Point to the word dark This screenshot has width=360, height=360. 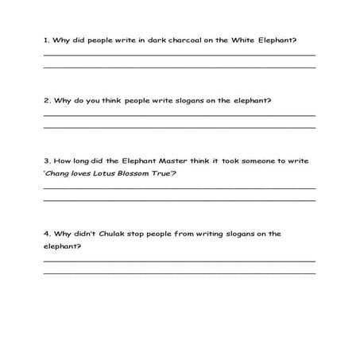coord(139,41)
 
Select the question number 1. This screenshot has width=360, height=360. coord(45,41)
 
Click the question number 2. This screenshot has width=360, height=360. coord(45,101)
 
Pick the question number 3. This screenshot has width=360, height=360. coord(45,161)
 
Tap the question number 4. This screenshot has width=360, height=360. coord(45,234)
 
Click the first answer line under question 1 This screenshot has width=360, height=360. coord(179,54)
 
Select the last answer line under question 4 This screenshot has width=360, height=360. coord(179,273)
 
